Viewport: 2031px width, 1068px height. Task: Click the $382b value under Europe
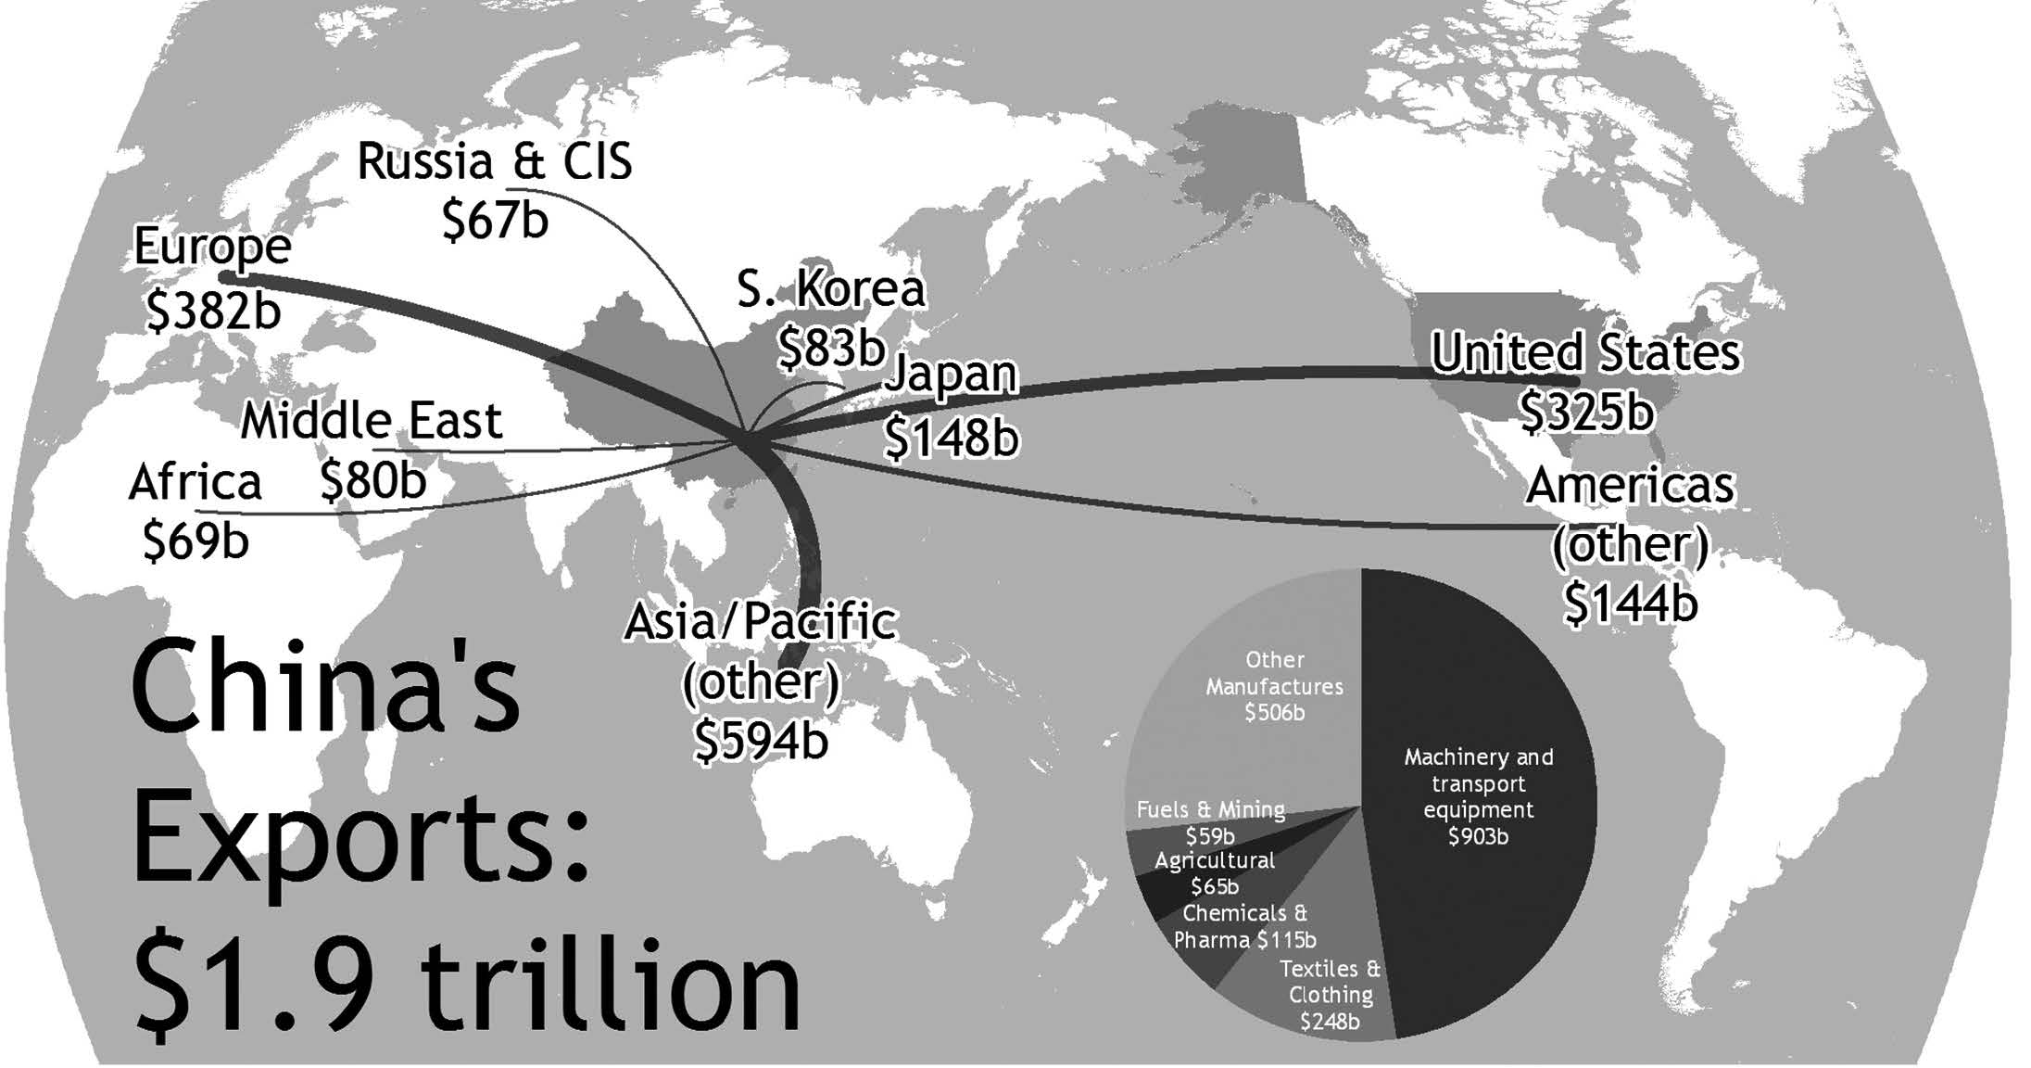213,311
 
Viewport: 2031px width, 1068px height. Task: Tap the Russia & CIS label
494,161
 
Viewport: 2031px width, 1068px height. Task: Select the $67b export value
495,221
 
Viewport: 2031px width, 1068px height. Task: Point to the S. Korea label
830,289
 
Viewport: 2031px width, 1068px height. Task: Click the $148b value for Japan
951,437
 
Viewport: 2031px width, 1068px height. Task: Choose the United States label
1585,353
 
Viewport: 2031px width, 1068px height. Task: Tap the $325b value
1585,411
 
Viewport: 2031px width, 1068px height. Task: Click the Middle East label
371,422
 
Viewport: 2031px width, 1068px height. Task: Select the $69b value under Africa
196,540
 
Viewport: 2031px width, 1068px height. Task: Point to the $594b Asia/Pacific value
761,740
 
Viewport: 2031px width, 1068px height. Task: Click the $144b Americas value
1630,603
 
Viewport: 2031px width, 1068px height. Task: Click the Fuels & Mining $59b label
1210,822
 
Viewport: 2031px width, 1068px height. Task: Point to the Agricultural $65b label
1215,873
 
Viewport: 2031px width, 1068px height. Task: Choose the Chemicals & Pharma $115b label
1244,926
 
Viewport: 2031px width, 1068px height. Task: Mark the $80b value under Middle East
372,480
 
